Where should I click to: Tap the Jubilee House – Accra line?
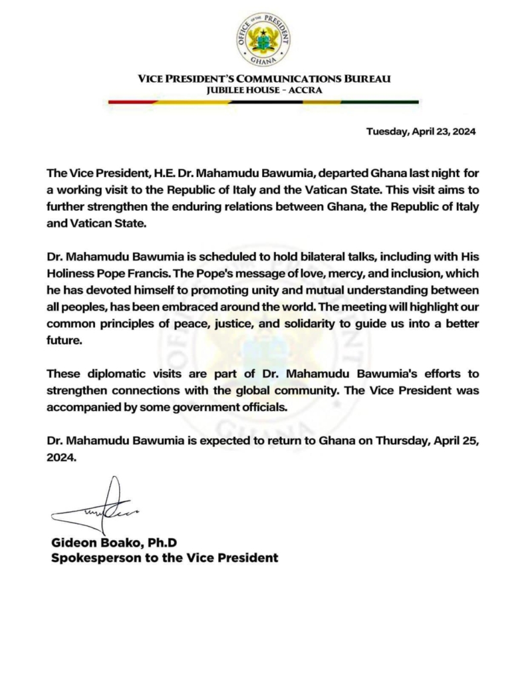(x=263, y=90)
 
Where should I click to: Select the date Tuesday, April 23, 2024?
(x=421, y=131)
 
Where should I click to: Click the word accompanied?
(x=82, y=408)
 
